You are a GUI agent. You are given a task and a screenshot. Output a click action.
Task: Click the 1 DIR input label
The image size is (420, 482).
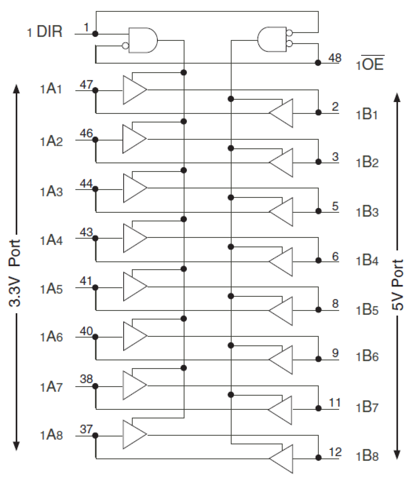pyautogui.click(x=45, y=32)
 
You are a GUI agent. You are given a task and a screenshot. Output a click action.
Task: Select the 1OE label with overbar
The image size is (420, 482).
pyautogui.click(x=370, y=64)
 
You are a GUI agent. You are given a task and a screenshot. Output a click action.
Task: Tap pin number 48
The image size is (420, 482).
pyautogui.click(x=335, y=58)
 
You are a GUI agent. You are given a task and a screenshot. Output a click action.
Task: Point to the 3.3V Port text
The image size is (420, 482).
pyautogui.click(x=15, y=273)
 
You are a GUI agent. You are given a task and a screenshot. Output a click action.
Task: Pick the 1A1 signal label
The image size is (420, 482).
pyautogui.click(x=51, y=89)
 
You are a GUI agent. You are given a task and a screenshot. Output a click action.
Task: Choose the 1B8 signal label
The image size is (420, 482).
pyautogui.click(x=367, y=456)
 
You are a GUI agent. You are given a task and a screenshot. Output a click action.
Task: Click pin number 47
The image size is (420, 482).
pyautogui.click(x=86, y=85)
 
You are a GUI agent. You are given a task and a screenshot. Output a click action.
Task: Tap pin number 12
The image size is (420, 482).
pyautogui.click(x=335, y=452)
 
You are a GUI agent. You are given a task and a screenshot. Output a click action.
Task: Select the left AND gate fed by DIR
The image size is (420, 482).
pyautogui.click(x=142, y=40)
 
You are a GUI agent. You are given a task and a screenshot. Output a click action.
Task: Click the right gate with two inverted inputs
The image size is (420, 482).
pyautogui.click(x=272, y=39)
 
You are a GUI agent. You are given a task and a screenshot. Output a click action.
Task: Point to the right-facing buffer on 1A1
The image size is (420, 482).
pyautogui.click(x=134, y=90)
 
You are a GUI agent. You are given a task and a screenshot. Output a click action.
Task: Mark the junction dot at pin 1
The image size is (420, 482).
pyautogui.click(x=95, y=34)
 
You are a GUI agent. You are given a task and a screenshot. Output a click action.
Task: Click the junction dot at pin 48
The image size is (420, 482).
pyautogui.click(x=318, y=63)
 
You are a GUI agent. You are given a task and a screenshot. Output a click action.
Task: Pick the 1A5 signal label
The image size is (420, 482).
pyautogui.click(x=51, y=289)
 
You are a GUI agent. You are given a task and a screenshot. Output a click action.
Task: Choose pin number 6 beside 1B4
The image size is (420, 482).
pyautogui.click(x=335, y=257)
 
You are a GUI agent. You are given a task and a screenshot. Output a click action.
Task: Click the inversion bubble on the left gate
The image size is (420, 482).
pyautogui.click(x=125, y=46)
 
